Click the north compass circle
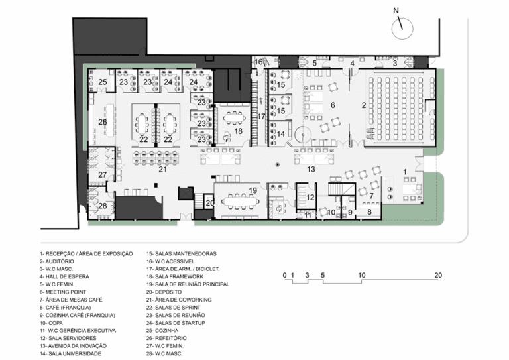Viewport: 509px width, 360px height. coord(392,29)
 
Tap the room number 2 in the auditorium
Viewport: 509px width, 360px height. coord(364,105)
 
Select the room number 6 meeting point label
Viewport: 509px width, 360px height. coord(333,105)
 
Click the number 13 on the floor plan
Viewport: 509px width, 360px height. coord(311,169)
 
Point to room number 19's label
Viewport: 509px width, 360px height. coord(253,190)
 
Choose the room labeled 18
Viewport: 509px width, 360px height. coord(239,131)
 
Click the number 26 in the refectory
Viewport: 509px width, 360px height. coord(103,122)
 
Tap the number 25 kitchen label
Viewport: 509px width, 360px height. coord(103,82)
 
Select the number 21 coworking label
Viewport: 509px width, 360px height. coord(162,169)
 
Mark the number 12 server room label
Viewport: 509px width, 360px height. coord(310,198)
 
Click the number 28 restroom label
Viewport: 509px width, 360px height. coord(103,206)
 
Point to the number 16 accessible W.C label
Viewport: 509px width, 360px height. coord(258,62)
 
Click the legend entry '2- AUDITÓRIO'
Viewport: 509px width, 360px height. coord(57,261)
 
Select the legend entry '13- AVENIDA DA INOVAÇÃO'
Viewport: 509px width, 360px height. coord(73,346)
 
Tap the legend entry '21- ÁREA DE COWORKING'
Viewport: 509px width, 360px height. coord(179,300)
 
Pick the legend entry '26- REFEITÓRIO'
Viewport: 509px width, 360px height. coord(166,338)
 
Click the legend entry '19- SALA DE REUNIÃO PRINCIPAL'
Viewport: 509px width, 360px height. coord(188,284)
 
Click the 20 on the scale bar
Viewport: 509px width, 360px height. coord(438,276)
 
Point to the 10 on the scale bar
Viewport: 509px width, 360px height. coord(362,276)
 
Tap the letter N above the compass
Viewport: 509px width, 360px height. coord(396,11)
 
